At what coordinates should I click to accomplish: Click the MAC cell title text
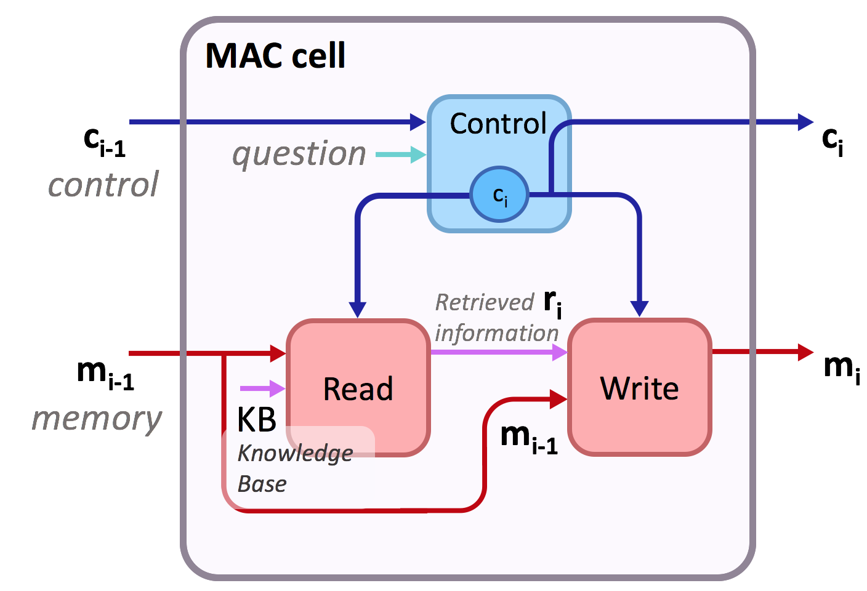click(x=275, y=56)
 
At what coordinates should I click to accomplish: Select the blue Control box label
click(x=498, y=124)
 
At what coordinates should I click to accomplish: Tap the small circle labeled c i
click(x=499, y=195)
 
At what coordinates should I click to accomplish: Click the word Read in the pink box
click(x=358, y=389)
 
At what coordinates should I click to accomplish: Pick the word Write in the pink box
click(x=639, y=388)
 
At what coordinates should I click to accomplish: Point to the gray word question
click(x=299, y=154)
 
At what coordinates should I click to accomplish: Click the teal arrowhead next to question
click(x=418, y=155)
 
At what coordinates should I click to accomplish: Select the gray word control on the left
click(x=103, y=185)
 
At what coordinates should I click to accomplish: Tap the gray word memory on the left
click(x=97, y=419)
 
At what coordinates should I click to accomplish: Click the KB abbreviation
click(x=257, y=420)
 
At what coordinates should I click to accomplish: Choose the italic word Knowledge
click(x=295, y=454)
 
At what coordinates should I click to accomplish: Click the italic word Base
click(x=262, y=484)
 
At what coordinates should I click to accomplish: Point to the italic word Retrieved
click(x=484, y=302)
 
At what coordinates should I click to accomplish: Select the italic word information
click(x=496, y=333)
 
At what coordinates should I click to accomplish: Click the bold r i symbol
click(x=552, y=302)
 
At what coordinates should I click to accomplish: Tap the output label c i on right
click(x=832, y=141)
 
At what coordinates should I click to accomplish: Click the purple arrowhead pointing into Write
click(x=560, y=352)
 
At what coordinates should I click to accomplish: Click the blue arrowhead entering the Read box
click(x=358, y=309)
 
